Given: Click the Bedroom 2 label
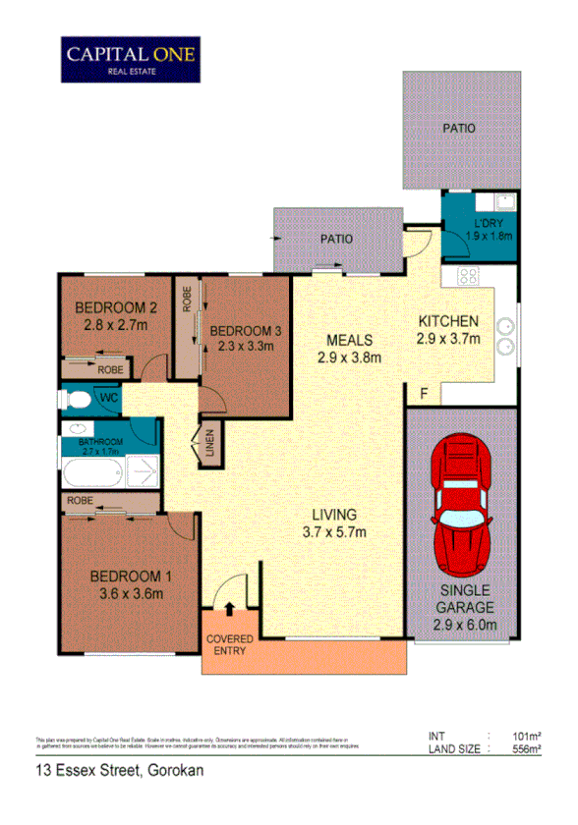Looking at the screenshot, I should coord(117,305).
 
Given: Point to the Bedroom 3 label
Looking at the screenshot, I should coord(246,331).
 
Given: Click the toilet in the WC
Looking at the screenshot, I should coord(73,399).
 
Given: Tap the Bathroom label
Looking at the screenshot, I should coord(103,442).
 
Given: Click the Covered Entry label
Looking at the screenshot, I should coord(230,644).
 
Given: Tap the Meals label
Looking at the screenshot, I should coord(348,340).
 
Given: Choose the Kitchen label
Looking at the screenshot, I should coord(448,321).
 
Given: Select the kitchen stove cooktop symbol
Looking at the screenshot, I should coord(469,277).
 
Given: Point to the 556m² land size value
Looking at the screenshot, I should coord(527,748).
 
